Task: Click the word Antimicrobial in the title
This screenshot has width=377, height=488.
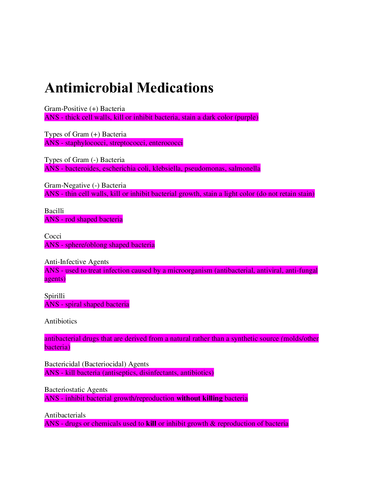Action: tap(89, 87)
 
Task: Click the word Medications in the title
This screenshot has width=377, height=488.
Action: tap(175, 87)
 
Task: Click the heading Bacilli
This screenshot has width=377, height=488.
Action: tap(54, 211)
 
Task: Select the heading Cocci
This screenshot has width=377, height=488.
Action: tap(53, 236)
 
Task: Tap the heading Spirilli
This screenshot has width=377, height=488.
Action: tap(55, 296)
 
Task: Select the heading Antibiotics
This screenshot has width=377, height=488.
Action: tap(61, 321)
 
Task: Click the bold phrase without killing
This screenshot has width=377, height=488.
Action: tap(200, 398)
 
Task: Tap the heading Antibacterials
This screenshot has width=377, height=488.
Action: tap(65, 415)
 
